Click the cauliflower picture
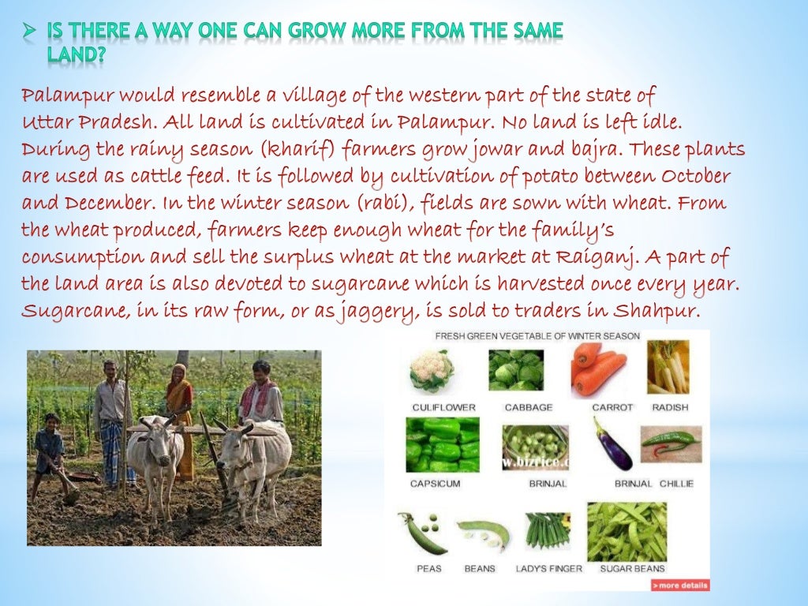click(432, 371)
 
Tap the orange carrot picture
click(599, 369)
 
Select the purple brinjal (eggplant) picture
click(612, 443)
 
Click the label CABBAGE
click(529, 407)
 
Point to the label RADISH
click(670, 407)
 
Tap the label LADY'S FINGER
click(548, 568)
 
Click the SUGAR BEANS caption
click(632, 568)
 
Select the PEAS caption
click(429, 568)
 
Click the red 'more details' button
click(680, 585)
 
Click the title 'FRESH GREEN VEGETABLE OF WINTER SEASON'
click(537, 336)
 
